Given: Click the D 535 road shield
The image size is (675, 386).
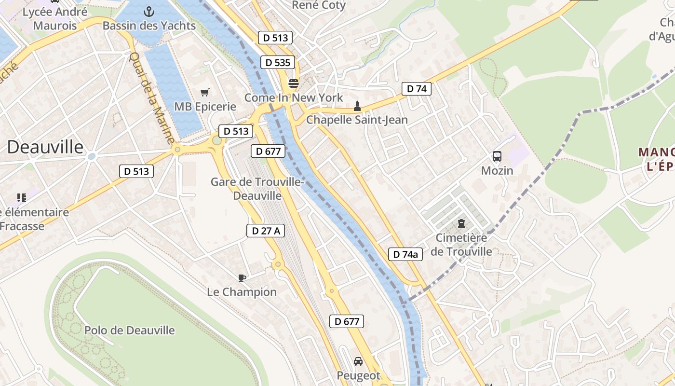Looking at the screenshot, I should pos(277,62).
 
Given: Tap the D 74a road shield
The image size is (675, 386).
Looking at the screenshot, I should pos(405,254).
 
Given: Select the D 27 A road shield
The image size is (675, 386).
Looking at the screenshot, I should pos(266,231).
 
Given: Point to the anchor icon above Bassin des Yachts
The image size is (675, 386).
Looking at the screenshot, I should pos(149,11).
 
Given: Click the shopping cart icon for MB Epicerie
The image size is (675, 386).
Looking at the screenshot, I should pos(205,92).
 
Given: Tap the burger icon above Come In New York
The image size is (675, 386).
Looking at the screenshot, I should pos(293,83).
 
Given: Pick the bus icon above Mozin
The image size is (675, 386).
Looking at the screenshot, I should pos(497,156).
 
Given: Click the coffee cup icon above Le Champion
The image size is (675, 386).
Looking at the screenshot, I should pos(242,277).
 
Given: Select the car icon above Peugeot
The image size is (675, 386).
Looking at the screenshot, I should pos(358,361).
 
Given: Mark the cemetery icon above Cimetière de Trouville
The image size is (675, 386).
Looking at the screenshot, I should pos(461,223).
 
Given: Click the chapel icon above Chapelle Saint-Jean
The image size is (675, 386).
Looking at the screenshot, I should pos(357,106).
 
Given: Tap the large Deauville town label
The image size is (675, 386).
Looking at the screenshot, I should pos(45,147).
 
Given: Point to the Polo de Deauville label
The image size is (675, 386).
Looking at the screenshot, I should pos(130,331).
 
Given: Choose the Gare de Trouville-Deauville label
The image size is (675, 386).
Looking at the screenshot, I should pos(257,189).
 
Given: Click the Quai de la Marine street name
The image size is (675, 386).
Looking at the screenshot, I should pos(151,97).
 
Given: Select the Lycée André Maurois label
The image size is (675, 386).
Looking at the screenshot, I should pos(55,18).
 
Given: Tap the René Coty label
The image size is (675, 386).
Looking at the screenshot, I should pos(319,5).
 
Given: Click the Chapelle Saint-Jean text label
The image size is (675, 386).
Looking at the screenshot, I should pos(357,120).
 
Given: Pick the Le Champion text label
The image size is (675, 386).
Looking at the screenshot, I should pos(242,292).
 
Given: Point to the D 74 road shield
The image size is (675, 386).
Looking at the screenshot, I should pos(417,89).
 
